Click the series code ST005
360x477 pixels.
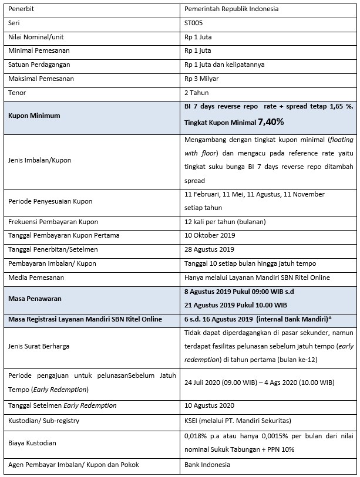point(194,23)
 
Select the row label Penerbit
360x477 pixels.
point(21,9)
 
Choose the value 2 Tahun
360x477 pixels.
point(197,93)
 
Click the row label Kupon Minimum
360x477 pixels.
point(34,116)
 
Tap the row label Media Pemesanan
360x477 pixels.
point(36,277)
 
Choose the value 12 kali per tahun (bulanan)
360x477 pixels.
point(225,222)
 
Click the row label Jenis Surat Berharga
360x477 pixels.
point(39,346)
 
